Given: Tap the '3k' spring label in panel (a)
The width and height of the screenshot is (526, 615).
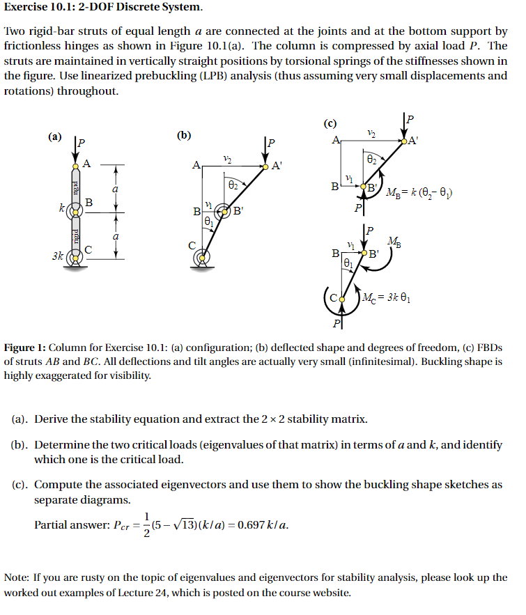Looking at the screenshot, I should click(x=57, y=256).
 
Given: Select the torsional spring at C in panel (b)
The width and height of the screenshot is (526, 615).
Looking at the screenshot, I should click(x=202, y=258).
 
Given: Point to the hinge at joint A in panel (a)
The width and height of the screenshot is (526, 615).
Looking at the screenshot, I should click(x=76, y=165).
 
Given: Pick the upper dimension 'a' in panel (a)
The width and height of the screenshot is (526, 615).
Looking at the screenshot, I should click(x=116, y=189).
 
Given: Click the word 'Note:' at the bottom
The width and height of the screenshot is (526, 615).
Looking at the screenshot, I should click(x=17, y=578).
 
